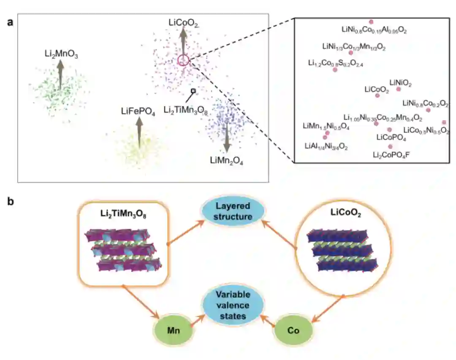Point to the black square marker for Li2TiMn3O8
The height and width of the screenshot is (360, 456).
193,91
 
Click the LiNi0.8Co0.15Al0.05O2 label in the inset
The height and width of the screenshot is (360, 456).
374,30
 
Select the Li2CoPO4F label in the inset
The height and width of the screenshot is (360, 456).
391,155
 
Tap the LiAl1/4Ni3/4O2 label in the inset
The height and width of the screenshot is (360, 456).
326,146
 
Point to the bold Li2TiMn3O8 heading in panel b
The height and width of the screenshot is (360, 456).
123,219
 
